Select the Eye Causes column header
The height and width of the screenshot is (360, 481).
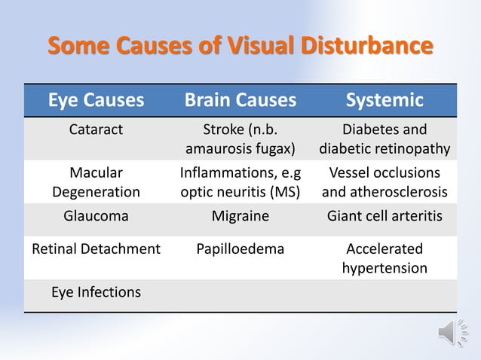point(96,100)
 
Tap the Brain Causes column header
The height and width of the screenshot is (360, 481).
point(240,100)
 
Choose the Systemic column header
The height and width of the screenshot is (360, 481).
point(384,100)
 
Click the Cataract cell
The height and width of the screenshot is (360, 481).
point(96,129)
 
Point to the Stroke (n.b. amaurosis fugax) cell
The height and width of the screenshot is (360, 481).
point(240,138)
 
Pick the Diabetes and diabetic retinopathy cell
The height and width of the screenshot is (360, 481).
point(384,138)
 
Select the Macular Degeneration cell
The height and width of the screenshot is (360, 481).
point(96,182)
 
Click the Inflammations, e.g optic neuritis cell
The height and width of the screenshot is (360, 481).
point(240,182)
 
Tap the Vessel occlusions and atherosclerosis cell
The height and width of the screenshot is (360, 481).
point(384,182)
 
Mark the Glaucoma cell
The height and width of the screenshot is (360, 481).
point(96,217)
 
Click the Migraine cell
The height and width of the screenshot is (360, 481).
point(240,217)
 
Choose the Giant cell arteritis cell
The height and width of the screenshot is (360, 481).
point(384,217)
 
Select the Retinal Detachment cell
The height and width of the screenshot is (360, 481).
point(96,249)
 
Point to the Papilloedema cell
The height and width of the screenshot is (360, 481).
point(240,249)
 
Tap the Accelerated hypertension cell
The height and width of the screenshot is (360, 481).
point(384,258)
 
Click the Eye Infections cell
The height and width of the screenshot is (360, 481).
point(96,291)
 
